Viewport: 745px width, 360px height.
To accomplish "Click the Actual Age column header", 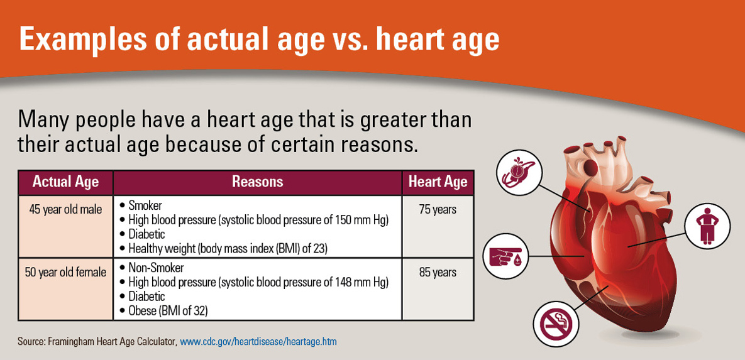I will pos(65,182).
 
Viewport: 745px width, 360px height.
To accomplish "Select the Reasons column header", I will pos(257,182).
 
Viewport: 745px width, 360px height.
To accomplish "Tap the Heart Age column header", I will pos(438,182).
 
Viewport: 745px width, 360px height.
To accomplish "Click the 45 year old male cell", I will pos(65,210).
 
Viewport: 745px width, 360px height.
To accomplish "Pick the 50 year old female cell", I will pos(65,273).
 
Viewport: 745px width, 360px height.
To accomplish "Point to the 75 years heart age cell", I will pos(438,210).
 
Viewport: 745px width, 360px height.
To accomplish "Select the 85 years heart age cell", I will pos(438,273).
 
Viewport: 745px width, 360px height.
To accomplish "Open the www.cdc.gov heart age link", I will pos(258,342).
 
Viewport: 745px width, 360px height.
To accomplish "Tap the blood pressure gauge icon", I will pos(518,173).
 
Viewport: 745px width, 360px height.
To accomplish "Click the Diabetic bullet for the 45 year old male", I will pos(146,234).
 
